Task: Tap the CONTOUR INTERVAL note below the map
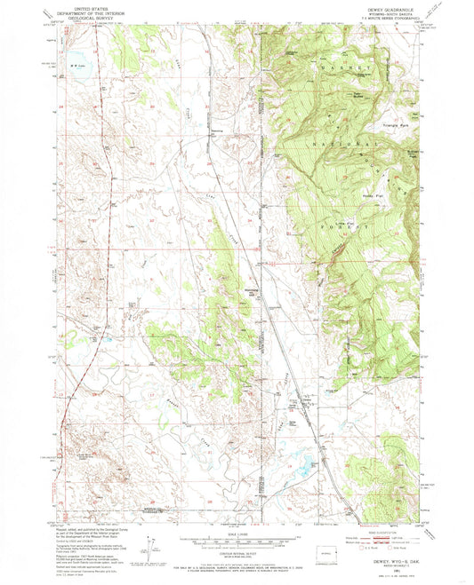coord(237,555)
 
